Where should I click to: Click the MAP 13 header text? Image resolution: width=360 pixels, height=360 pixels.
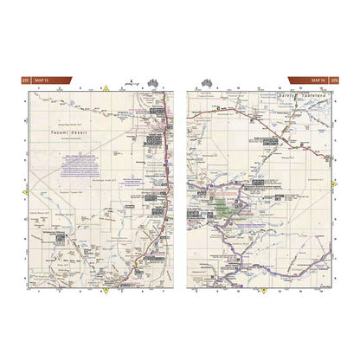click(42, 81)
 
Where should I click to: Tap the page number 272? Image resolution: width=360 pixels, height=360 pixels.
click(25, 81)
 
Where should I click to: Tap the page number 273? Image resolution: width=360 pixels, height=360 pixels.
click(334, 81)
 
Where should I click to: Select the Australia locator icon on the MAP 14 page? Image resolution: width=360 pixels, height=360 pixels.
click(208, 81)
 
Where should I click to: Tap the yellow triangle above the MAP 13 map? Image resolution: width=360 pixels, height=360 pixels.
click(106, 88)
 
